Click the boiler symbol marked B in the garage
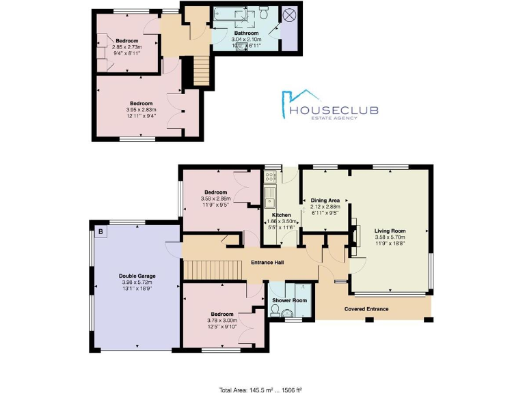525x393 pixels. point(101,232)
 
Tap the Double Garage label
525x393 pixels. point(137,276)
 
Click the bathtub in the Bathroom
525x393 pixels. point(230,14)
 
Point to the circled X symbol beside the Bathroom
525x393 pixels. point(288,14)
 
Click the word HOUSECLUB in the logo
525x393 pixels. point(334,110)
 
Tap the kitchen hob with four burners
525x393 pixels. point(269,176)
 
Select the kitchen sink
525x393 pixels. point(269,199)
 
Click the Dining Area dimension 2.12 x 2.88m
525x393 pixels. point(325,207)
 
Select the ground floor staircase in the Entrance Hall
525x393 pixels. point(212,270)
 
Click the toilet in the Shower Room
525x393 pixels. point(276,310)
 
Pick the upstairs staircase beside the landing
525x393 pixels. point(200,71)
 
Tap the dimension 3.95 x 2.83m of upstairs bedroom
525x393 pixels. point(141,109)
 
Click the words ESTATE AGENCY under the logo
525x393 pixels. point(334,120)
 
